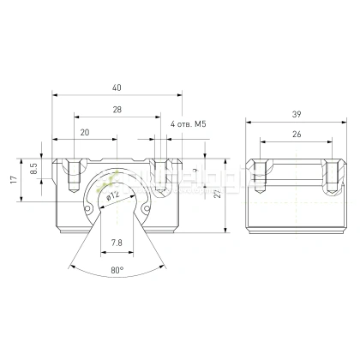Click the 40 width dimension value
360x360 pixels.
116,87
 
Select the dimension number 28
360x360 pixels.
116,110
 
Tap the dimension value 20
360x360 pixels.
84,133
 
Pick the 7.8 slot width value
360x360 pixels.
116,243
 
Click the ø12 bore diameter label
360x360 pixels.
111,195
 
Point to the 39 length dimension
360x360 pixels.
295,113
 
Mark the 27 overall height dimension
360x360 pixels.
218,195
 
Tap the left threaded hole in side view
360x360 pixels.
261,175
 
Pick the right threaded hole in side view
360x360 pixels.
328,175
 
